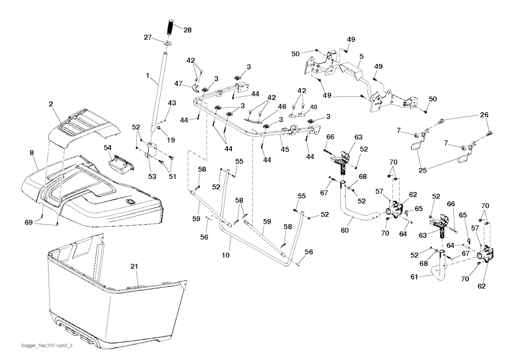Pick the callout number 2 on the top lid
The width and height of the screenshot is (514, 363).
(51, 104)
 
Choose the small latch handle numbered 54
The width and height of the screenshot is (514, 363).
(120, 162)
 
